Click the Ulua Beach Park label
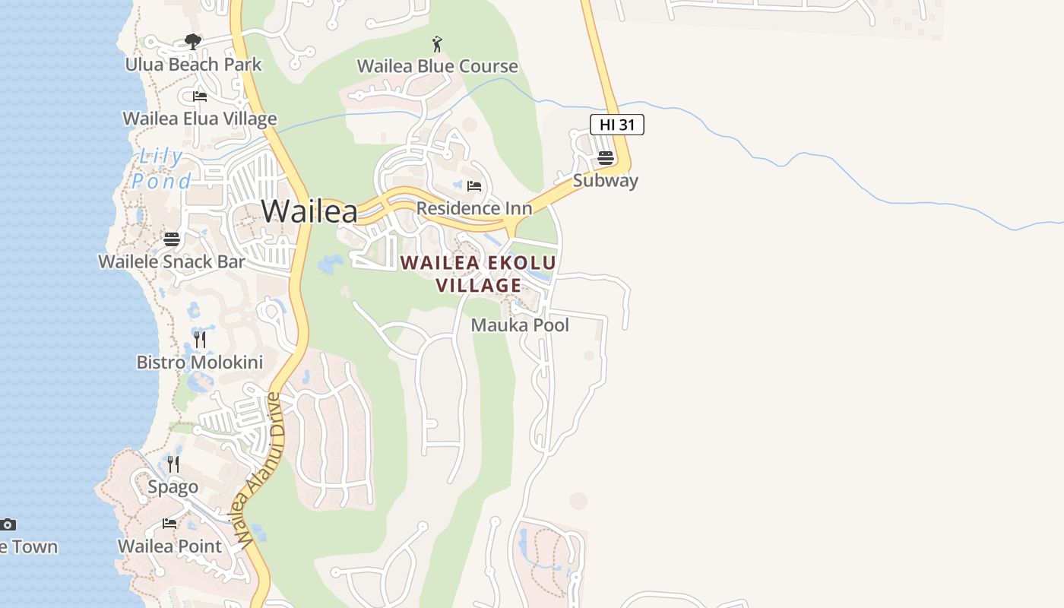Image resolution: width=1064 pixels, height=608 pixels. pyautogui.click(x=193, y=65)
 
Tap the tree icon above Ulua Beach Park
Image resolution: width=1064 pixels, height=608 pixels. pyautogui.click(x=193, y=41)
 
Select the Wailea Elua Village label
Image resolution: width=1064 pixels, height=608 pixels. pyautogui.click(x=200, y=119)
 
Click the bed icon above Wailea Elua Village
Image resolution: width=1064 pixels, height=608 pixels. pyautogui.click(x=200, y=97)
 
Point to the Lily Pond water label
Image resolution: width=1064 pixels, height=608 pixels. pyautogui.click(x=161, y=169)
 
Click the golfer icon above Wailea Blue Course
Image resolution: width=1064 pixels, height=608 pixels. pyautogui.click(x=437, y=44)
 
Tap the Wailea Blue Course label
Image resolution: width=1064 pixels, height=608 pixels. pyautogui.click(x=437, y=66)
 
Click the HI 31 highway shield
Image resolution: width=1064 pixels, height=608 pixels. pyautogui.click(x=617, y=125)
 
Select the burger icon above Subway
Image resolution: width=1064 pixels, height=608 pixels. pyautogui.click(x=606, y=158)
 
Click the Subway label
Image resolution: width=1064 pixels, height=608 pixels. pyautogui.click(x=606, y=181)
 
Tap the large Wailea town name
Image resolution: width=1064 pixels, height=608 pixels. pyautogui.click(x=309, y=211)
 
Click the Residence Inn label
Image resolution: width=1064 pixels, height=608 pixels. pyautogui.click(x=474, y=208)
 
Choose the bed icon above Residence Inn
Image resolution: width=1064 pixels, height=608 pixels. pyautogui.click(x=474, y=185)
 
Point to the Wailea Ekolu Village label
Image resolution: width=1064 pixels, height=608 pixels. pyautogui.click(x=478, y=274)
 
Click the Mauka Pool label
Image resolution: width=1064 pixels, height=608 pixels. pyautogui.click(x=520, y=325)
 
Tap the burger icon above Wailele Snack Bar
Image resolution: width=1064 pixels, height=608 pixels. pyautogui.click(x=172, y=239)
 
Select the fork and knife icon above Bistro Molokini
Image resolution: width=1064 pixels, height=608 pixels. pyautogui.click(x=200, y=339)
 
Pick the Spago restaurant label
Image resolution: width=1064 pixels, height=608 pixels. pyautogui.click(x=173, y=487)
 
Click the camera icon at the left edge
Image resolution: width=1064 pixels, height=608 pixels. pyautogui.click(x=8, y=524)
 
